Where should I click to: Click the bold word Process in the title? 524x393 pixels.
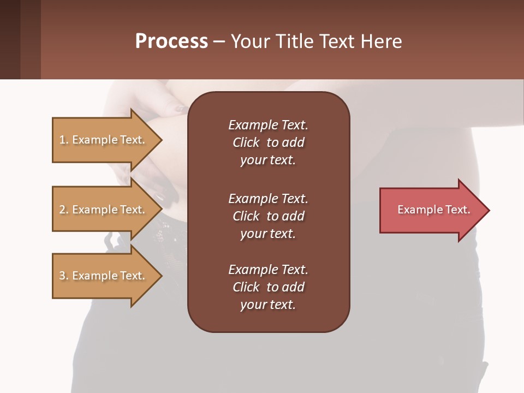pyautogui.click(x=171, y=41)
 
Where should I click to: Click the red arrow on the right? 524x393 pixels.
pyautogui.click(x=431, y=210)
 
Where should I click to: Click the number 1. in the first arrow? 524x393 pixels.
pyautogui.click(x=64, y=140)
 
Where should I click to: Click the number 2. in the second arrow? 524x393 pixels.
pyautogui.click(x=64, y=210)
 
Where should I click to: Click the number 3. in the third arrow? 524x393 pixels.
pyautogui.click(x=64, y=276)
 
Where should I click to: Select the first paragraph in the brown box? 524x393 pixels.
pyautogui.click(x=268, y=142)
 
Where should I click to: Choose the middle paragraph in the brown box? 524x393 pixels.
pyautogui.click(x=268, y=216)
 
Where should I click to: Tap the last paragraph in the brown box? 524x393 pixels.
pyautogui.click(x=268, y=287)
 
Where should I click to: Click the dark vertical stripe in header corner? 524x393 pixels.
pyautogui.click(x=10, y=39)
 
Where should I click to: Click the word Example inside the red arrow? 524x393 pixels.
pyautogui.click(x=416, y=210)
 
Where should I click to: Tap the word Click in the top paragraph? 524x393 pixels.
pyautogui.click(x=246, y=142)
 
